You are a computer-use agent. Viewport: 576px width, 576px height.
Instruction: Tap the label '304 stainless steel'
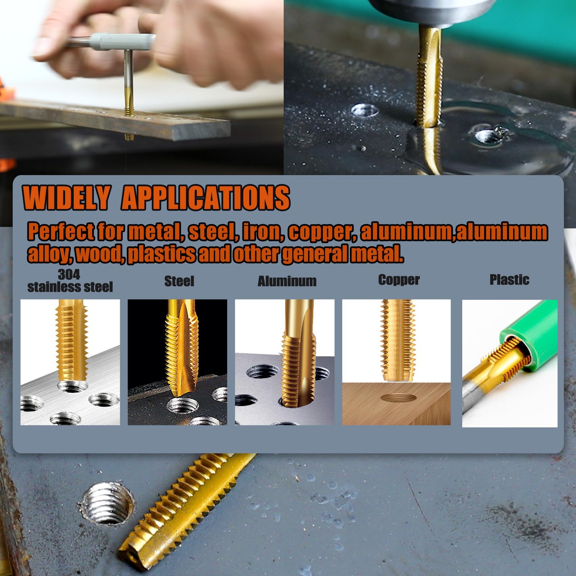[70, 281]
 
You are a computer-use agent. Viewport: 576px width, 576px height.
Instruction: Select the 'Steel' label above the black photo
[179, 281]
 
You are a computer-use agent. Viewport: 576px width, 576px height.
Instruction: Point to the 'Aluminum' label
[287, 281]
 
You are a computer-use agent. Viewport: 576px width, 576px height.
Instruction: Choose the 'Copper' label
[399, 280]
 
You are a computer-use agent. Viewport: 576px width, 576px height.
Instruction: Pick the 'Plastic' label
[509, 280]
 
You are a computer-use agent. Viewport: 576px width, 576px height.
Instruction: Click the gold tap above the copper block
[398, 340]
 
